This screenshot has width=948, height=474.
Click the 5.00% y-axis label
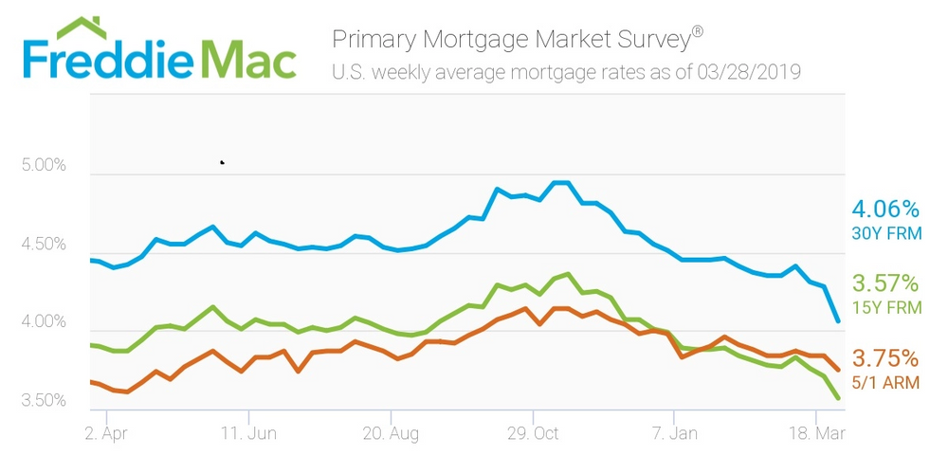tap(43, 165)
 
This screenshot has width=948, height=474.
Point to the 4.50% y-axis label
tap(43, 245)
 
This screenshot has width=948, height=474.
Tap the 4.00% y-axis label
tap(43, 323)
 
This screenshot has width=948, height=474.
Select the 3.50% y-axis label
tap(43, 401)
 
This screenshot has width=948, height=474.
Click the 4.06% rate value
tap(885, 209)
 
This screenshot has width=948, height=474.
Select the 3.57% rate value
tap(885, 283)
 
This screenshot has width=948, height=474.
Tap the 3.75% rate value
tap(885, 358)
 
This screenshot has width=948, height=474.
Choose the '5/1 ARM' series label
tap(887, 383)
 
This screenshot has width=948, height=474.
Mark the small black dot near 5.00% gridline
tap(222, 162)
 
